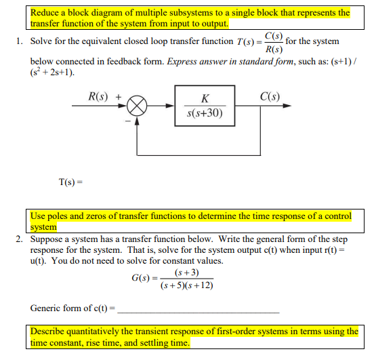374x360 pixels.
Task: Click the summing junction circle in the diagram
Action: point(138,107)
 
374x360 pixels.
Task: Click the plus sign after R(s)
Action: point(119,96)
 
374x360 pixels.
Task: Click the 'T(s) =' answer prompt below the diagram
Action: point(71,181)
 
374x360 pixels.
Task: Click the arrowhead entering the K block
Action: point(171,107)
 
